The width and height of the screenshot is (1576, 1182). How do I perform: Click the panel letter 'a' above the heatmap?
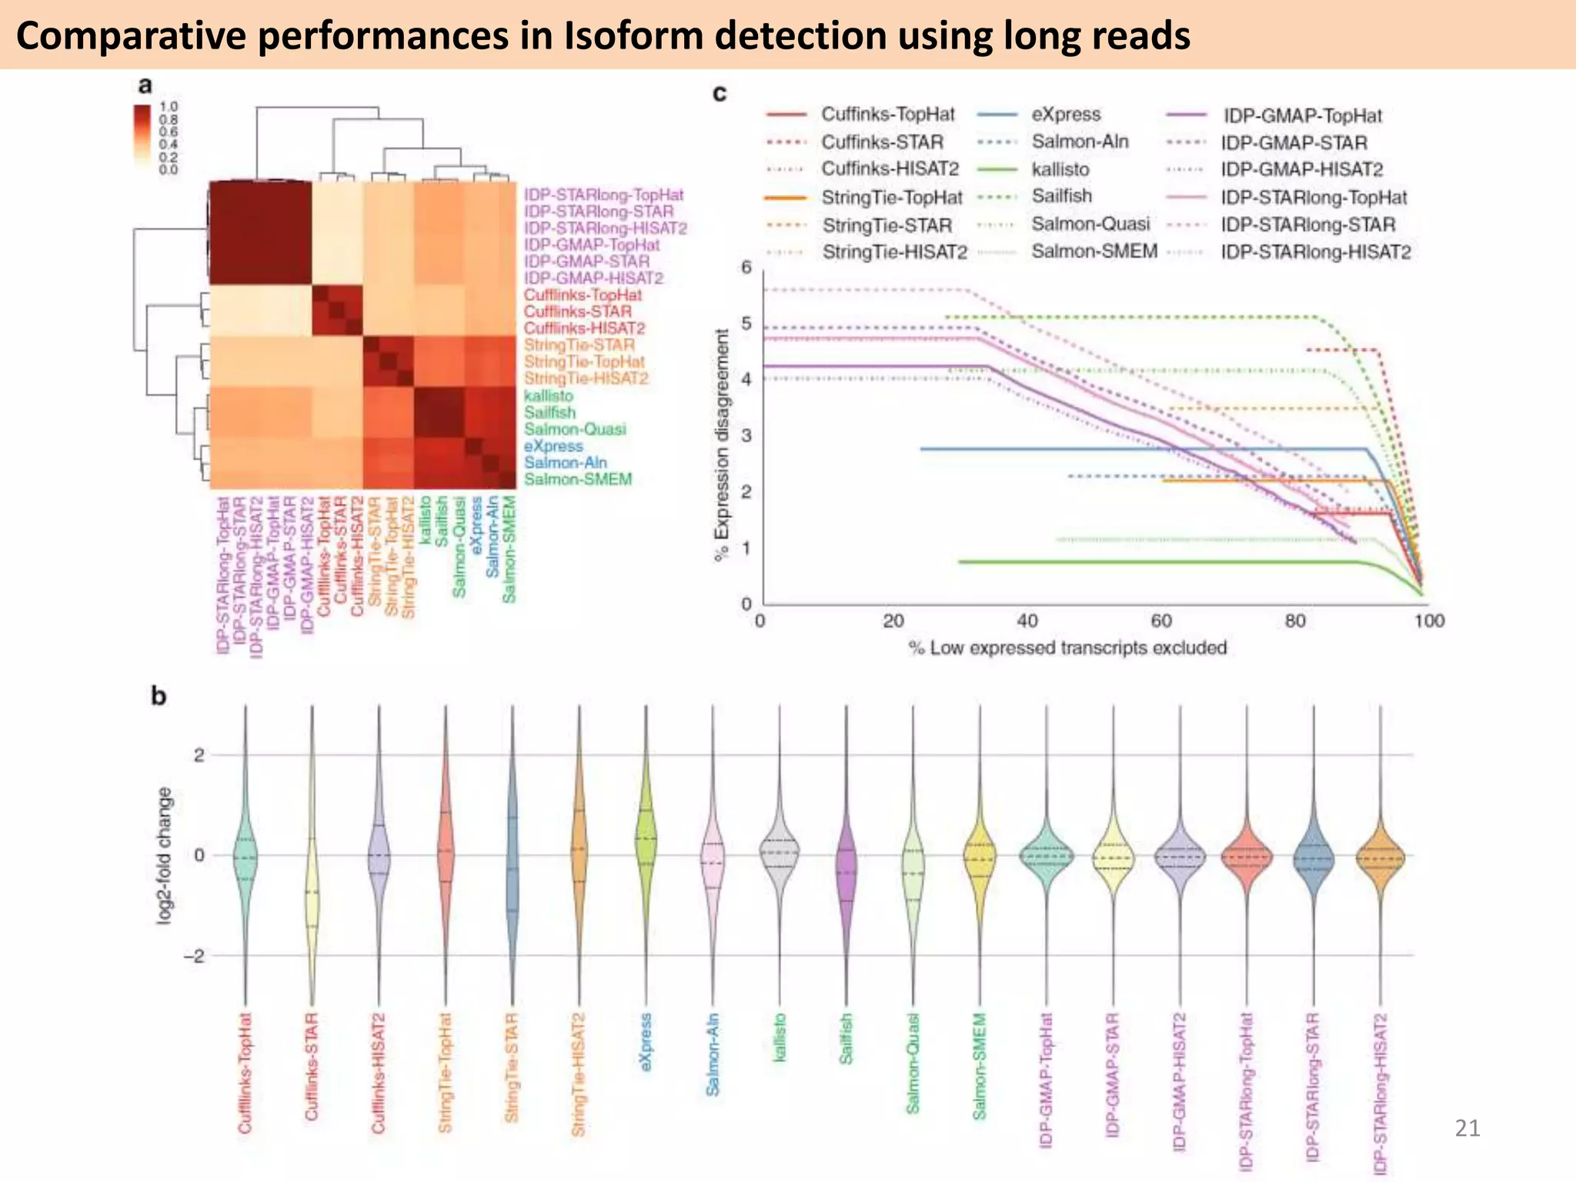coord(145,85)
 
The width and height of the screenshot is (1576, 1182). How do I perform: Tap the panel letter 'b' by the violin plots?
coord(159,696)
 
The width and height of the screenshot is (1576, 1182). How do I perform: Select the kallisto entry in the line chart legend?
coord(1060,169)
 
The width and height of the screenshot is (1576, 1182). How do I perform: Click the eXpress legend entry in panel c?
coord(1066,115)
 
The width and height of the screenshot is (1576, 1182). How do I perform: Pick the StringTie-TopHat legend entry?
coord(891,198)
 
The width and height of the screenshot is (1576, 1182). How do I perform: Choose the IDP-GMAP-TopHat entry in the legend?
coord(1302,116)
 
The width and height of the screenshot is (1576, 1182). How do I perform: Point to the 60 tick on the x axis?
coord(1160,621)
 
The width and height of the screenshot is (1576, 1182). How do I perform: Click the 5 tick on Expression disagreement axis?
coord(746,323)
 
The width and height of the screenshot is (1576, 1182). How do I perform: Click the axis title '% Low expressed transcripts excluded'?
coord(1067,648)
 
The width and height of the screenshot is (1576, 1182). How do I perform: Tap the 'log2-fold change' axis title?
coord(164,855)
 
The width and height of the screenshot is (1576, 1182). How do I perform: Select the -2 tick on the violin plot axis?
coord(193,956)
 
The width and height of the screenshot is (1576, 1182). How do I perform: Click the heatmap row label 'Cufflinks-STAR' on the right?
coord(577,312)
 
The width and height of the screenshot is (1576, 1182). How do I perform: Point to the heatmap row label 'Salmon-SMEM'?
coord(577,479)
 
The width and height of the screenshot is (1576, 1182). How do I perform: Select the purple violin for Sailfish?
coord(846,870)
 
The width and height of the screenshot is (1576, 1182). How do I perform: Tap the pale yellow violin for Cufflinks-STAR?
coord(312,897)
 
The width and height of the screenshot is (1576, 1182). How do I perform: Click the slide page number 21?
coord(1467,1128)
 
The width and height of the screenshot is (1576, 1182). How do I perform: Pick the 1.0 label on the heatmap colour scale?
coord(169,106)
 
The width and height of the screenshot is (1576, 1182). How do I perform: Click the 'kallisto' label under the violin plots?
coord(780,1038)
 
